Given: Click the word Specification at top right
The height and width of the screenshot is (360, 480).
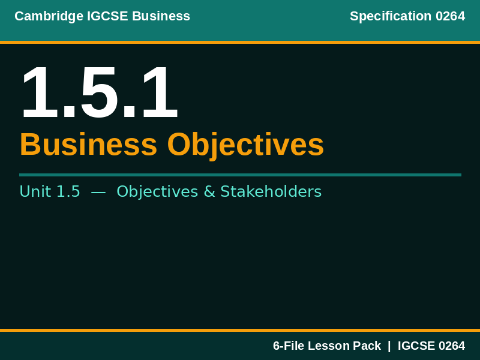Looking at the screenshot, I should [391, 16].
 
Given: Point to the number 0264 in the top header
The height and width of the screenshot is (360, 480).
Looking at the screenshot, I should [450, 16].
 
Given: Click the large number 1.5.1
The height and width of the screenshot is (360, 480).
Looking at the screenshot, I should [99, 93].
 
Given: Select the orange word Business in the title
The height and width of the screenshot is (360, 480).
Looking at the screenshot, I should [88, 145].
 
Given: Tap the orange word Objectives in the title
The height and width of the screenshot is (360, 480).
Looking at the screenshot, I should [245, 145].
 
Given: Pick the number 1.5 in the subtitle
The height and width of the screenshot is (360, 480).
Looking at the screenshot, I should [68, 191].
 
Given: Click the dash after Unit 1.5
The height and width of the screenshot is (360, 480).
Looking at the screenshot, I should [98, 191].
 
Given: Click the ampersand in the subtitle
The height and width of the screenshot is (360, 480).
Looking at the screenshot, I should [209, 191].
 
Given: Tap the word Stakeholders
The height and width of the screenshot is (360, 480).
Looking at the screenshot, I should [271, 191].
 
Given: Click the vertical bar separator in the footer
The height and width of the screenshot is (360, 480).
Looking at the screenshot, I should [389, 346].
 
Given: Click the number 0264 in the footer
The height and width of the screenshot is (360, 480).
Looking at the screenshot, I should [452, 346].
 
